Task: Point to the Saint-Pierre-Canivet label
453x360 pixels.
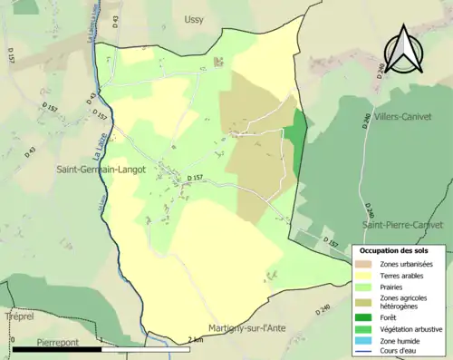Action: point(402,224)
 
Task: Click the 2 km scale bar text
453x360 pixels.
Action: point(194,339)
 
